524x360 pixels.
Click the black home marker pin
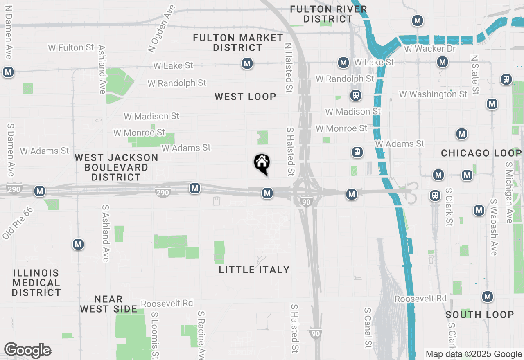point(262,163)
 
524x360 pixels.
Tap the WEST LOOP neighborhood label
point(245,97)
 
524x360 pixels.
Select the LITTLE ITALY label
point(254,270)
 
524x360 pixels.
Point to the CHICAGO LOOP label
point(481,153)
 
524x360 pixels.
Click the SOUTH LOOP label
point(479,315)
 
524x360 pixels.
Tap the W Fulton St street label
point(71,48)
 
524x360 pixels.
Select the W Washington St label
point(433,94)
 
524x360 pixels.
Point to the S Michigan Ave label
point(509,192)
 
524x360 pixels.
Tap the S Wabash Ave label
point(493,227)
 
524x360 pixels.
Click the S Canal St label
point(368,327)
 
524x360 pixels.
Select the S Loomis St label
point(155,335)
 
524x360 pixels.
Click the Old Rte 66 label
point(17,223)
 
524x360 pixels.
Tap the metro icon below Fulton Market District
point(247,63)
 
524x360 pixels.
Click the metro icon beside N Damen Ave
point(8,72)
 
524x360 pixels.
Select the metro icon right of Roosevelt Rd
point(487,297)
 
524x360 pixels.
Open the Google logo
point(27,351)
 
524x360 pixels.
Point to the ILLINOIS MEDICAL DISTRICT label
point(36,283)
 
